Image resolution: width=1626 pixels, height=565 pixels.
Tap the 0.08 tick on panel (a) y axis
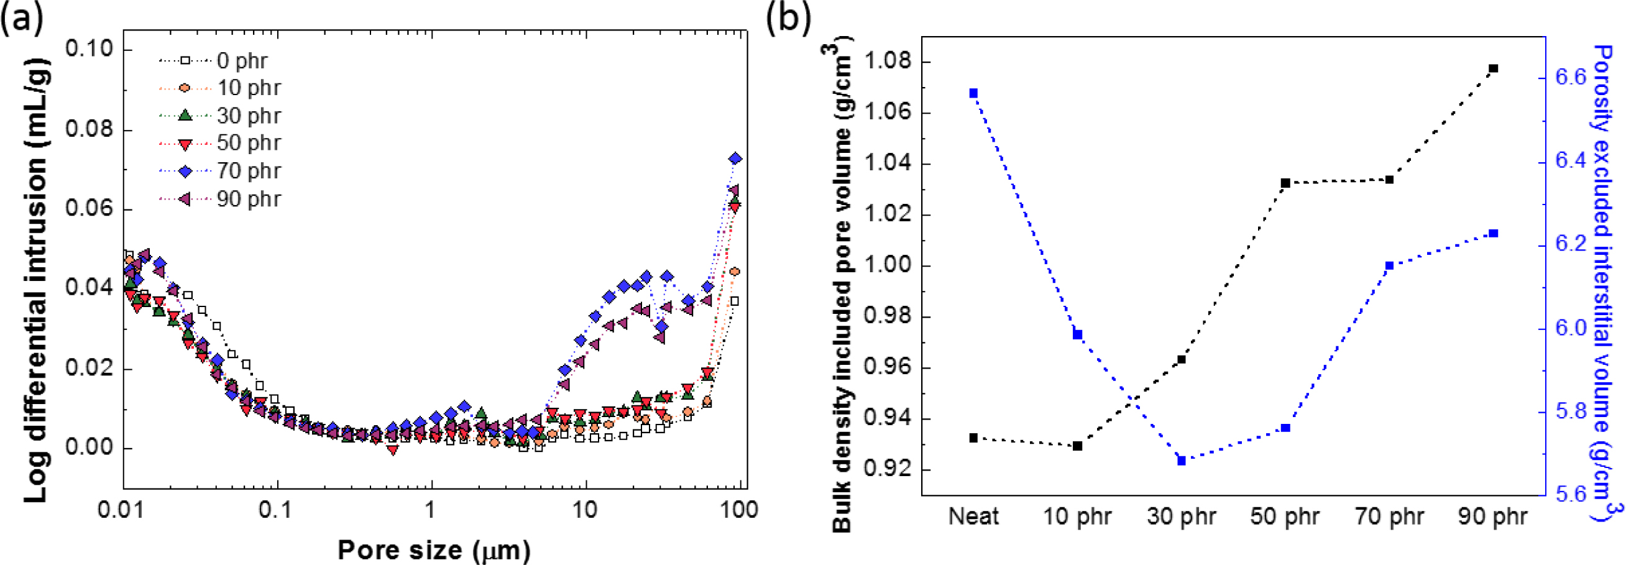pyautogui.click(x=89, y=129)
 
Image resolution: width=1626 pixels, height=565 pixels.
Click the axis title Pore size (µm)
pyautogui.click(x=434, y=550)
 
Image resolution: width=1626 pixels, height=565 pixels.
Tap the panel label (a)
pyautogui.click(x=23, y=19)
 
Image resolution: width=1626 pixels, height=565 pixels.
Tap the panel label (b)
pyautogui.click(x=788, y=19)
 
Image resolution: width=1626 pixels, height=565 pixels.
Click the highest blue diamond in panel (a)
pyautogui.click(x=735, y=158)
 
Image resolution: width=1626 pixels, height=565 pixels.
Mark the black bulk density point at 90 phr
pyautogui.click(x=1494, y=68)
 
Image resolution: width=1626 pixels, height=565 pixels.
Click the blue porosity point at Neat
pyautogui.click(x=973, y=93)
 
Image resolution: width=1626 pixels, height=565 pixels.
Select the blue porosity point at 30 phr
pyautogui.click(x=1182, y=461)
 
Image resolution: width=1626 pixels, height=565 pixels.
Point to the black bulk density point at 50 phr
pyautogui.click(x=1286, y=183)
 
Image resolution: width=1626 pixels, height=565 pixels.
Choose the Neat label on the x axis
pyautogui.click(x=973, y=517)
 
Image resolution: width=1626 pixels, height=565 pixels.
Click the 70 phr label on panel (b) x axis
pyautogui.click(x=1389, y=517)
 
